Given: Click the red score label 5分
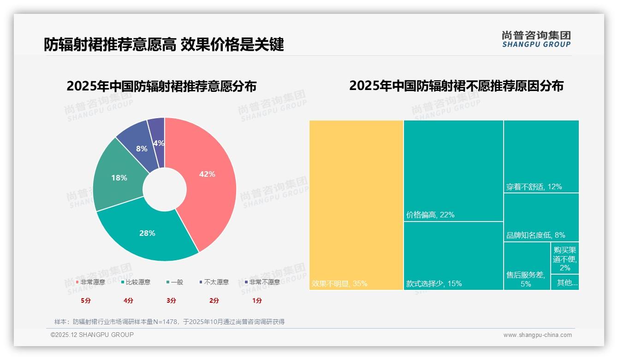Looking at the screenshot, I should (x=86, y=300).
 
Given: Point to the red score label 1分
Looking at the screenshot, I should (x=257, y=300).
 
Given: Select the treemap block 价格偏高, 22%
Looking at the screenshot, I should (x=453, y=171).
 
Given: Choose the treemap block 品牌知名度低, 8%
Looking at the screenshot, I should (x=541, y=217).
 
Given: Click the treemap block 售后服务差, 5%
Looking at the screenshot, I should (x=526, y=265).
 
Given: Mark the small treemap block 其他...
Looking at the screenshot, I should (x=565, y=282).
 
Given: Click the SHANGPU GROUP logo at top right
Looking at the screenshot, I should (x=536, y=39).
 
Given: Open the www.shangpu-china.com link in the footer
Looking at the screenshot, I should (x=537, y=335).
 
